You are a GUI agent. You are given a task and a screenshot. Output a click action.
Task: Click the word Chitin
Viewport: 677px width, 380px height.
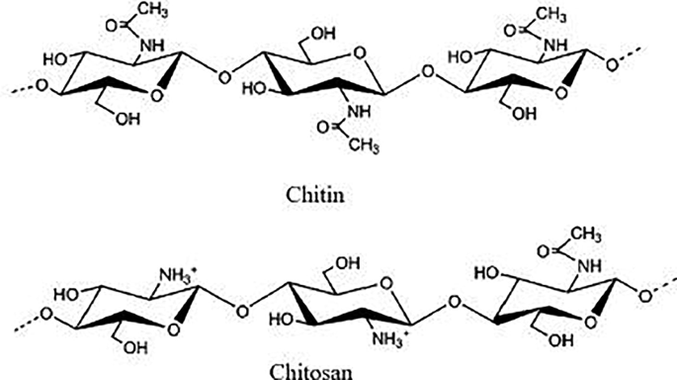pos(315,195)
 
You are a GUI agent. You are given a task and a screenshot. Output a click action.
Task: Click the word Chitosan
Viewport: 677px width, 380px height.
pos(311,372)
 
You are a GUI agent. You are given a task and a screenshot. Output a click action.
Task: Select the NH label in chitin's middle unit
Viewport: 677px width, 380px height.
pos(359,112)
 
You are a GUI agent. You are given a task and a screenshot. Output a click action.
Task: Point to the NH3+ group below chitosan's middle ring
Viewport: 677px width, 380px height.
pos(388,339)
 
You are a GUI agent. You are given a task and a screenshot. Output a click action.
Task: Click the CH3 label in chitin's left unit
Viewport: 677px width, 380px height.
pos(153,10)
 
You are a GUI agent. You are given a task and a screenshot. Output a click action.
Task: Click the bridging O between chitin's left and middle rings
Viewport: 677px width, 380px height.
pos(224,77)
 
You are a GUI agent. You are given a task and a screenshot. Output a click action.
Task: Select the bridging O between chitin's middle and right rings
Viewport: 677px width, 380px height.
pos(427,72)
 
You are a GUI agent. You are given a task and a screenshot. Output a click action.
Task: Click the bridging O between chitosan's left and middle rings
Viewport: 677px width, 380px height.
pos(243,310)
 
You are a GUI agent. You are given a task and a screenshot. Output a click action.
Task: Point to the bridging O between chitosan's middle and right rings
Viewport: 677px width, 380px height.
pos(454,302)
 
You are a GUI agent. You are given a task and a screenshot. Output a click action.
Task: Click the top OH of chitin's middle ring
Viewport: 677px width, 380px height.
pos(323,34)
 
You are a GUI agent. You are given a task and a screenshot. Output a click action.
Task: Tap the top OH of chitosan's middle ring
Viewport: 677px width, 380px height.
pos(348,263)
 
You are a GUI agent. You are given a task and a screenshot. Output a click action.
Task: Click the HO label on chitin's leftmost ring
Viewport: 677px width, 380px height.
pos(55,59)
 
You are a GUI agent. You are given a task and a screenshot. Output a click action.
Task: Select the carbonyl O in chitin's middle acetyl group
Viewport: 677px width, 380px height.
pos(323,127)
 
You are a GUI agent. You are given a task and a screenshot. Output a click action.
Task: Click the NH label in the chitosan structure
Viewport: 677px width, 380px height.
pos(589,266)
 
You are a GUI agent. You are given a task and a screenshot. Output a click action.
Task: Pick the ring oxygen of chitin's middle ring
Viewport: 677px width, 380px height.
pos(359,53)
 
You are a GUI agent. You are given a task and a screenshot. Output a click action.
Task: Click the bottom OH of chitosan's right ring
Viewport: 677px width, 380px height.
pos(560,340)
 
